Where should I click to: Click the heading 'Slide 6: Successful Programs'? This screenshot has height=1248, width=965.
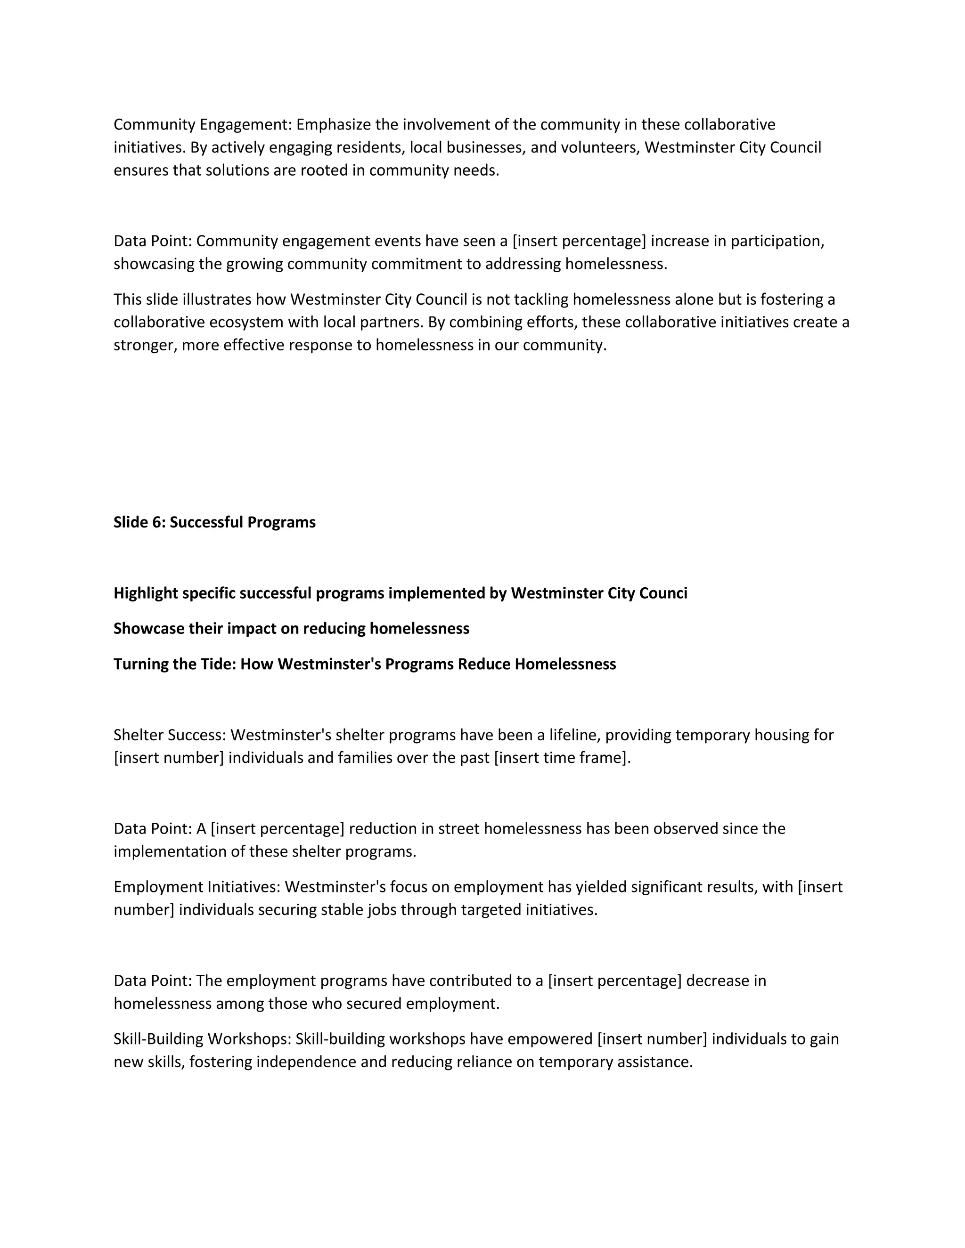214,522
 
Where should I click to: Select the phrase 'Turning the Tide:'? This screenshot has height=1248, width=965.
174,664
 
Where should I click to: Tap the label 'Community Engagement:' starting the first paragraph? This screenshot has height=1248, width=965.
202,125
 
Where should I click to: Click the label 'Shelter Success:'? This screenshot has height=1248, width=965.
169,735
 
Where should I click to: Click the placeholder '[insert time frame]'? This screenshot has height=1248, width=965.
561,758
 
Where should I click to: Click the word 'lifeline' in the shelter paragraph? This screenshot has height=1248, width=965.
574,735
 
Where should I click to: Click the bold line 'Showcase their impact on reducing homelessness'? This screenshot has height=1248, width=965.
291,629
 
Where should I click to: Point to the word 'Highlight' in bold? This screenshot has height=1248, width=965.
146,593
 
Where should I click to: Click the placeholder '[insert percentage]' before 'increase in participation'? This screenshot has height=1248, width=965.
579,241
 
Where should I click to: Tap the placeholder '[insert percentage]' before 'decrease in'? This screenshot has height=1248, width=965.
614,981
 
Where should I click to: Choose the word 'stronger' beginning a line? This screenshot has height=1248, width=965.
145,345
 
